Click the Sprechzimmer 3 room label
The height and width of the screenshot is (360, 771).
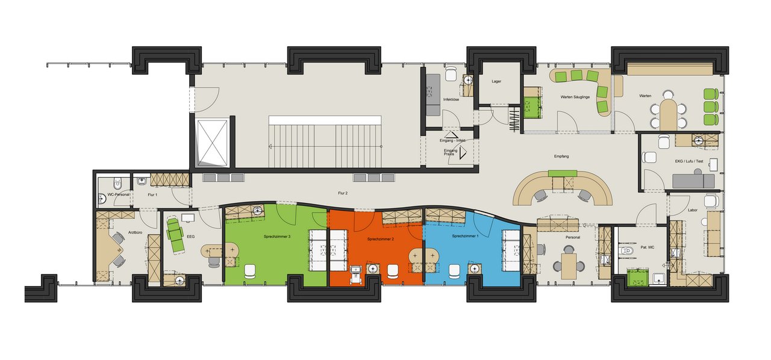click(276, 237)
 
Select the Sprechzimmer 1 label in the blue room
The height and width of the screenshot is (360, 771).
click(465, 236)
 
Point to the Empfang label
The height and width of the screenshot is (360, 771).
click(561, 157)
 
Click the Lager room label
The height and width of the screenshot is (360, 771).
click(496, 81)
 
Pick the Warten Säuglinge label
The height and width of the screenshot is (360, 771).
click(575, 97)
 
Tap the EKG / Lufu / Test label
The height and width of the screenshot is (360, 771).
click(689, 161)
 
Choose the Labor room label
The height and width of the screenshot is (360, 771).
click(693, 210)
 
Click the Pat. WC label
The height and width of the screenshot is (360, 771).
click(647, 247)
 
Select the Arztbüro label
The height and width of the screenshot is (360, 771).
click(136, 232)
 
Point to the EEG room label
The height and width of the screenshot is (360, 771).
click(191, 237)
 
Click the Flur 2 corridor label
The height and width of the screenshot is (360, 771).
click(343, 193)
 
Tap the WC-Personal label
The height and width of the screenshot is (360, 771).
click(119, 194)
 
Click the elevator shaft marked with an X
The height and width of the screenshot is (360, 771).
click(213, 143)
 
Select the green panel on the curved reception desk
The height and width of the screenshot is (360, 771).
click(563, 173)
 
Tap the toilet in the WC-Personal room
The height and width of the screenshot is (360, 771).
click(117, 183)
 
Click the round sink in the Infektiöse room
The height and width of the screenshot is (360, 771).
click(467, 81)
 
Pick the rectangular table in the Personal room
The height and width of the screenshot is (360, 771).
click(569, 265)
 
